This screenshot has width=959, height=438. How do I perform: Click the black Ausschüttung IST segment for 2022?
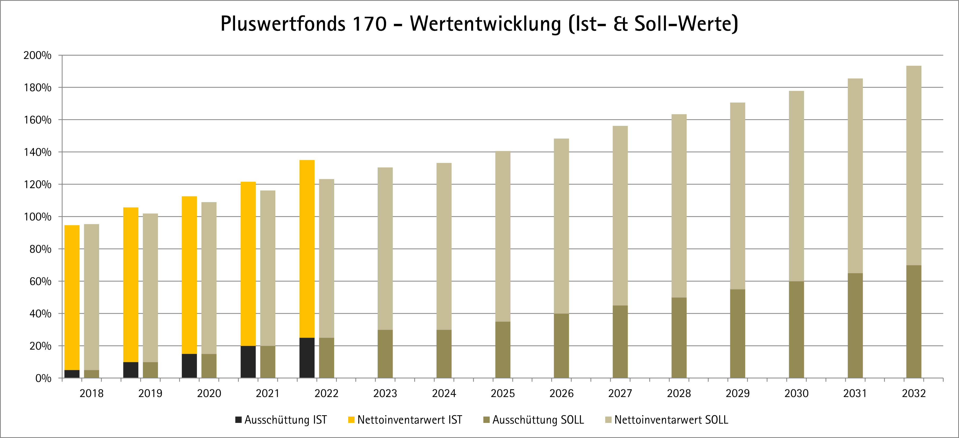tap(307, 357)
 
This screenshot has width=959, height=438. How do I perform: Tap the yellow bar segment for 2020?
tap(189, 275)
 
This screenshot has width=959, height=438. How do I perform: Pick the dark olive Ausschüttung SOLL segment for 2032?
tap(914, 321)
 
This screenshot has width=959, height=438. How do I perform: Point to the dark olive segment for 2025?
tap(503, 350)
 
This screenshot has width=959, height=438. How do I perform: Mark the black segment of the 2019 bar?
tap(131, 370)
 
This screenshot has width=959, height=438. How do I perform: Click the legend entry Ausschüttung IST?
tap(281, 420)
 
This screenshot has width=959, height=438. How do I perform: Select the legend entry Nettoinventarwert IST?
tap(405, 420)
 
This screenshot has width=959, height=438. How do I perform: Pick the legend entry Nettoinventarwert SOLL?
tap(666, 420)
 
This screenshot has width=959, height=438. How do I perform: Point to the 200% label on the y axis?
tap(37, 55)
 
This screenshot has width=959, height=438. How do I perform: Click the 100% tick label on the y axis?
tap(37, 217)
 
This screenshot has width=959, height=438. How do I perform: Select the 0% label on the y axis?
tap(43, 378)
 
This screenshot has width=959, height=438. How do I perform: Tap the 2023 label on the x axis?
tap(385, 393)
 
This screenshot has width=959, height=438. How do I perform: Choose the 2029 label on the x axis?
tap(737, 393)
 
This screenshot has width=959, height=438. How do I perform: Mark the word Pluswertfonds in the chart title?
tap(283, 24)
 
